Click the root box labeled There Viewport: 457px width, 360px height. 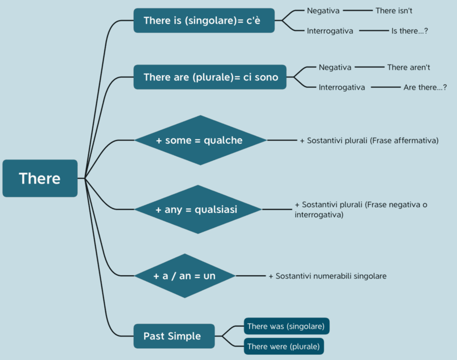pos(40,178)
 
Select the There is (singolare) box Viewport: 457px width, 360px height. pos(204,21)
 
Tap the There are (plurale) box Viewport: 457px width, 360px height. pos(210,77)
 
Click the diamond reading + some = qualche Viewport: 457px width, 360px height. pos(200,140)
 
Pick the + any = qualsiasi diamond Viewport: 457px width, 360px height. pos(197,209)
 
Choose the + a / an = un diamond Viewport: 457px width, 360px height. pos(185,276)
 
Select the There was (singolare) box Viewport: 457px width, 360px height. pos(286,326)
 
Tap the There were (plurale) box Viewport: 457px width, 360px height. pos(284,346)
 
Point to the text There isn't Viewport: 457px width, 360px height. pos(394,11)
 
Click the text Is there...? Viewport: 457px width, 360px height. pos(410,31)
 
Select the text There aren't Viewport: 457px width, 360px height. pos(408,67)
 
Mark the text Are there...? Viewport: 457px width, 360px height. pos(425,87)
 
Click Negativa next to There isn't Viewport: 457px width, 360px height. pos(323,11)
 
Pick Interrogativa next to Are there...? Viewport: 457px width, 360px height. pos(342,87)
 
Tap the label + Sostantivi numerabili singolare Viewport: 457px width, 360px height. pos(327,276)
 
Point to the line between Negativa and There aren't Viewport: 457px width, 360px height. pos(370,67)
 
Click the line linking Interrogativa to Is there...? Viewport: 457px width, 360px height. pos(374,31)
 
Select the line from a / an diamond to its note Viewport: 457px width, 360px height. pos(251,276)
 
